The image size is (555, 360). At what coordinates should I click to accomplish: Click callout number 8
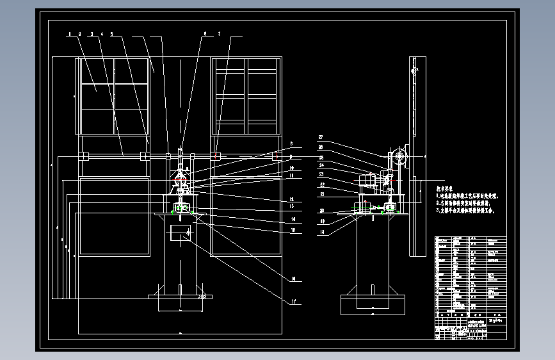tap(291, 143)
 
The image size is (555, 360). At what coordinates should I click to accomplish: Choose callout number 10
tap(291, 168)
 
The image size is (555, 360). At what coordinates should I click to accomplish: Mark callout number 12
tap(291, 199)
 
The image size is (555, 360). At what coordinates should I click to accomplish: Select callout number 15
tap(293, 230)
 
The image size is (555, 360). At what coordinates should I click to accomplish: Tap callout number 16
tap(293, 279)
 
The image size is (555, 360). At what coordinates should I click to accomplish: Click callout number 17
tap(293, 301)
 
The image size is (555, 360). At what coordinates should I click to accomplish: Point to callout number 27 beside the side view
tap(321, 137)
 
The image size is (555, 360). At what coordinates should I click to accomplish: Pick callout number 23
tap(321, 174)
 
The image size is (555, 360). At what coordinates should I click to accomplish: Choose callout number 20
tap(321, 210)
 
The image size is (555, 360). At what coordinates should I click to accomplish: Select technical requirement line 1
tap(467, 196)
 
